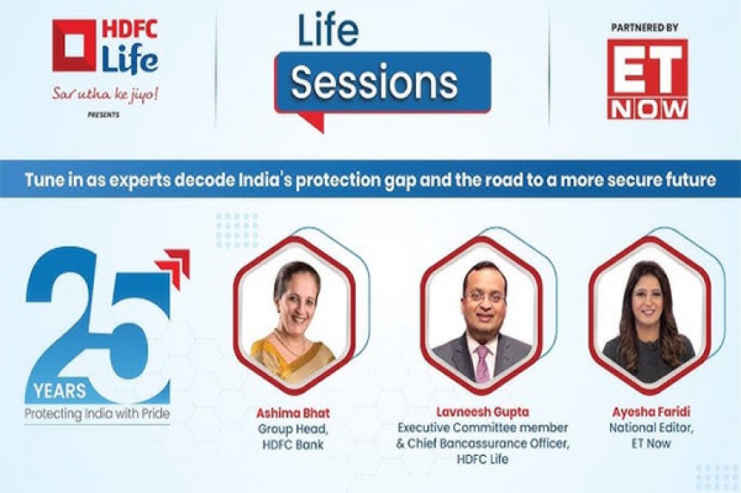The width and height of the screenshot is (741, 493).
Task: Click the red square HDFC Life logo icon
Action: click(74, 45)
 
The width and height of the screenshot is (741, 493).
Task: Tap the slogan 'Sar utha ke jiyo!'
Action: click(105, 95)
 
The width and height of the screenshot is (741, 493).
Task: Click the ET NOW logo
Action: click(647, 79)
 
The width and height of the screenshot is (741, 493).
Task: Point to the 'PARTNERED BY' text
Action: click(645, 28)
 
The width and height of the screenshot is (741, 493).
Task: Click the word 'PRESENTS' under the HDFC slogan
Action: click(103, 114)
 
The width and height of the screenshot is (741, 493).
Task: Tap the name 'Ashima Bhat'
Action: click(293, 413)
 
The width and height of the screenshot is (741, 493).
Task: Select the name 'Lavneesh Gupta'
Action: click(483, 412)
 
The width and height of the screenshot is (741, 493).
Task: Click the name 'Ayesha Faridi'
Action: click(651, 412)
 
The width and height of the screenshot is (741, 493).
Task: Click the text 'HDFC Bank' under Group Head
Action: click(293, 445)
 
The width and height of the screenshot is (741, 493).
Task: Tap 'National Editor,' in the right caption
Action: click(651, 428)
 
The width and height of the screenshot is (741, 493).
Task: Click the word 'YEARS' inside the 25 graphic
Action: click(60, 391)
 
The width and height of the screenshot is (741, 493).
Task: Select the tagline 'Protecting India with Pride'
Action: click(97, 414)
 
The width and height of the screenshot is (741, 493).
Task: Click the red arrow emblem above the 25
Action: click(173, 268)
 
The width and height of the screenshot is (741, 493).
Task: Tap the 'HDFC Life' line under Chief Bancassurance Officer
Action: click(483, 459)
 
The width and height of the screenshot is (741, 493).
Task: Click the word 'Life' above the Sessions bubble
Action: click(328, 31)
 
